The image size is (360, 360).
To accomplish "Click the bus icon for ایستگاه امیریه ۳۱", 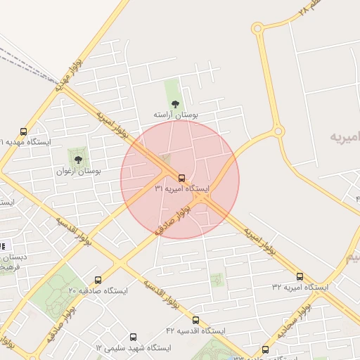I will tap(182, 178).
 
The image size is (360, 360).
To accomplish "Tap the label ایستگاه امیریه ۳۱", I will tap(182, 189).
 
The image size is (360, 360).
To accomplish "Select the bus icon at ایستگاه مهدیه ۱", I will tap(24, 131).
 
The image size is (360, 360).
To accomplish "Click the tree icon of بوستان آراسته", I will tap(175, 104).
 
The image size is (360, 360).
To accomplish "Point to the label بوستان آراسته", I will tap(176, 114).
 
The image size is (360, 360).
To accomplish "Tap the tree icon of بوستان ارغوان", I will tap(78, 160).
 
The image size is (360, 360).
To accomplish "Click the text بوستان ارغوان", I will tap(78, 170).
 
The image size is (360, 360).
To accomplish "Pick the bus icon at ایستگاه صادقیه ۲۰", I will tap(98, 280).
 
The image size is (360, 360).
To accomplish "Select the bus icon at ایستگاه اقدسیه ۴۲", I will tap(195, 320).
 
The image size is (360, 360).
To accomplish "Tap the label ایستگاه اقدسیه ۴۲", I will tap(195, 330).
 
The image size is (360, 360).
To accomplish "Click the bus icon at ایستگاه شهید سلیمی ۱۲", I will tap(133, 337).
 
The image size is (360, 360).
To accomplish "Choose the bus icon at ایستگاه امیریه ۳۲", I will tap(300, 276).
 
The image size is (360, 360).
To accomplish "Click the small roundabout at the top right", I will tap(257, 29).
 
